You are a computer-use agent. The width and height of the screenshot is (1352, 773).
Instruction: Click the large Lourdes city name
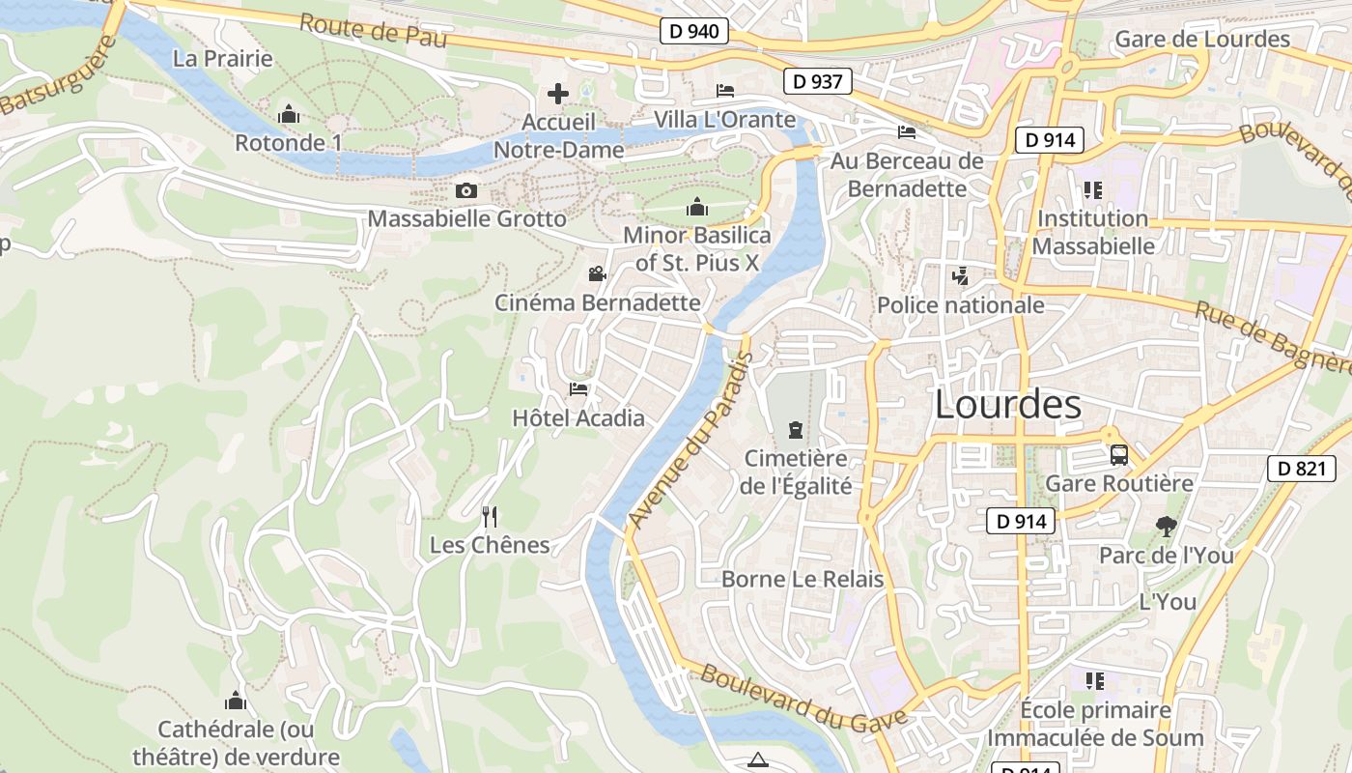pos(1008,405)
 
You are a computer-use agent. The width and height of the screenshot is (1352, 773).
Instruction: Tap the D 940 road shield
pos(693,31)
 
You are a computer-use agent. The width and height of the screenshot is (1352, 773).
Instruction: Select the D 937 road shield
pos(817,81)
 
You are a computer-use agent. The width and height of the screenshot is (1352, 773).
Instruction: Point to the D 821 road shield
pos(1301,469)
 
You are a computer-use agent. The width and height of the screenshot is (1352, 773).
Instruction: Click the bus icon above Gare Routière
pos(1118,454)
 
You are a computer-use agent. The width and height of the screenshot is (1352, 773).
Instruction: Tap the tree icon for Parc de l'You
pos(1167,527)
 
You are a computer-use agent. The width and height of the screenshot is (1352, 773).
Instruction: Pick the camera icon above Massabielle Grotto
pos(466,190)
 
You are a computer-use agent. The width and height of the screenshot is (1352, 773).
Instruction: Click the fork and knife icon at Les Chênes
pos(490,516)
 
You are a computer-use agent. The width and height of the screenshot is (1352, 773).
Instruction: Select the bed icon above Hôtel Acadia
pos(578,388)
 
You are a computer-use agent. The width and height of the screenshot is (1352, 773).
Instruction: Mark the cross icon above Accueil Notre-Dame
pos(558,94)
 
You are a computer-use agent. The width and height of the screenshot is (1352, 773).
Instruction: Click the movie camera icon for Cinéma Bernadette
pos(597,273)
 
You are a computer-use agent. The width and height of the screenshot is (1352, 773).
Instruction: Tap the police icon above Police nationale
pos(960,276)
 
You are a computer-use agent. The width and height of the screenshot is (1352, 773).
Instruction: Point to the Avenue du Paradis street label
pos(690,441)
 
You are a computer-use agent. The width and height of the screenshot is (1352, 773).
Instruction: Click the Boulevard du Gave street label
pos(803,696)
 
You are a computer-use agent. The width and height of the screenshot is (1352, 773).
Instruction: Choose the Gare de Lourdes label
pos(1201,40)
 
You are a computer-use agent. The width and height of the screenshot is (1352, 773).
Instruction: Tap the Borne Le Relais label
pos(803,579)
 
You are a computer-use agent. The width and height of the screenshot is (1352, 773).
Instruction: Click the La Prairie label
pos(222,58)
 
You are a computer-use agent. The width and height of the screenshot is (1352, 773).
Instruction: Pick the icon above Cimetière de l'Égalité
pos(795,430)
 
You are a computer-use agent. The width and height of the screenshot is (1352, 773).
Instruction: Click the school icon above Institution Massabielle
pos(1092,189)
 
